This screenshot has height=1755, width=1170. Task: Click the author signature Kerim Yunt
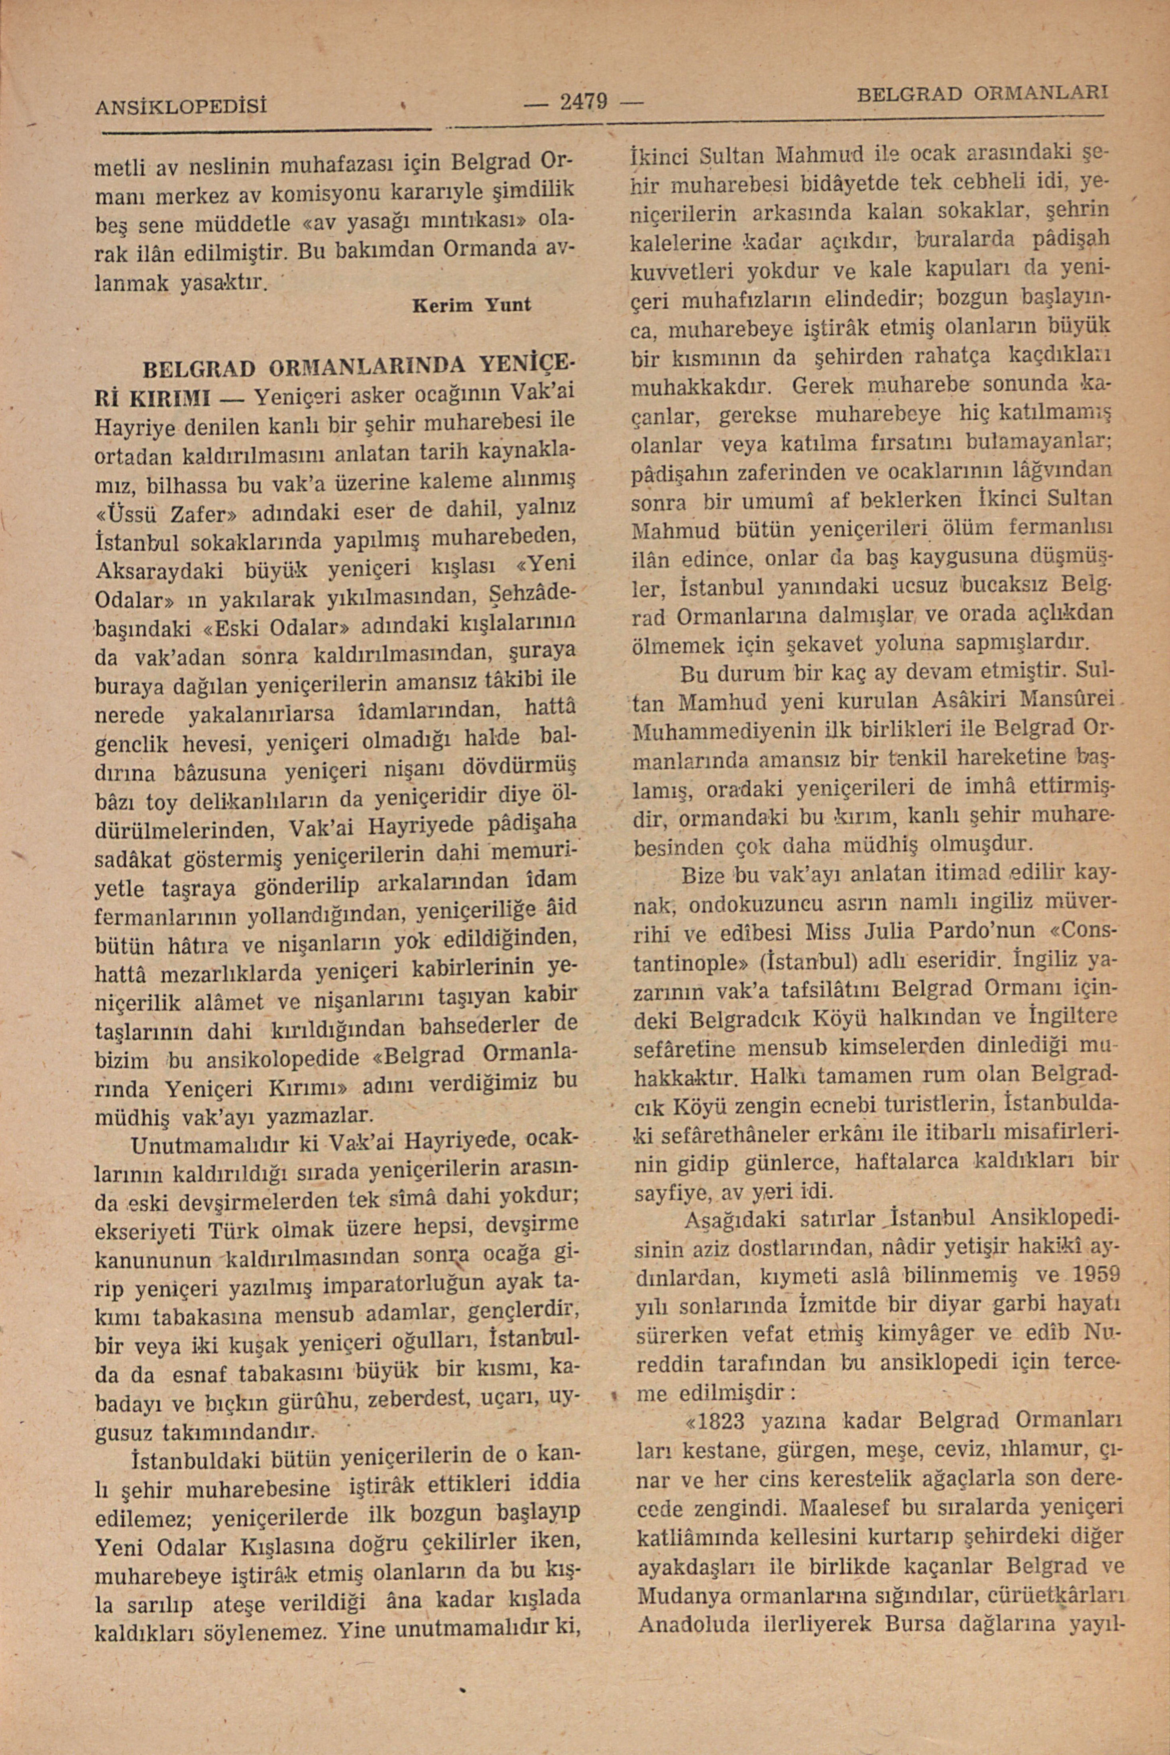click(472, 305)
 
